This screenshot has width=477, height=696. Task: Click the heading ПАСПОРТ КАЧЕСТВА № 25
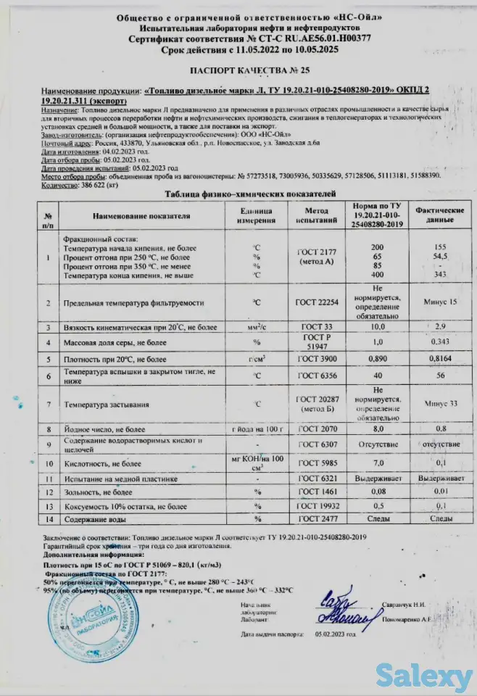pos(238,71)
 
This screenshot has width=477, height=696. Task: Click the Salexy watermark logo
pos(424,677)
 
